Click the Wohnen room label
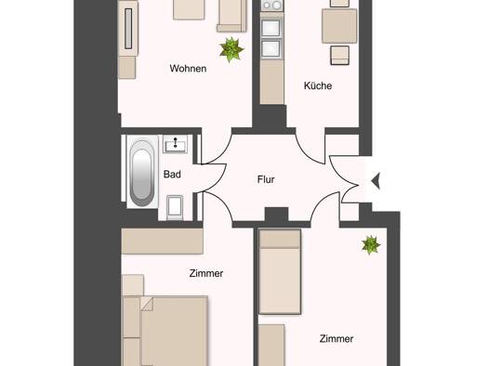coord(188,69)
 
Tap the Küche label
coord(318,85)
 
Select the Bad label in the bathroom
coord(172,174)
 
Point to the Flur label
coord(266,179)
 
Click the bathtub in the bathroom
coord(141,173)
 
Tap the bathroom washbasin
coord(176,144)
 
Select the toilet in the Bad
coord(175,207)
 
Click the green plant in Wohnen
coord(231,49)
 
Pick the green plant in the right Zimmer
coord(371,245)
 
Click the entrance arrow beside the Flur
coord(376,180)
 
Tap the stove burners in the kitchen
coord(272,6)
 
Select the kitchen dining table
coord(339,26)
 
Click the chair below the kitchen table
coord(339,56)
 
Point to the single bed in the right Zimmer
coord(280,272)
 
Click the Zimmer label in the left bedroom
coord(206,273)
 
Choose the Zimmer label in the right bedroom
coord(336,339)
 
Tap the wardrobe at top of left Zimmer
coord(162,242)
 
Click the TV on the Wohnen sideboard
coord(128,29)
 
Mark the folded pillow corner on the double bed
coord(147,304)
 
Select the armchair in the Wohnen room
coord(231,15)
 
